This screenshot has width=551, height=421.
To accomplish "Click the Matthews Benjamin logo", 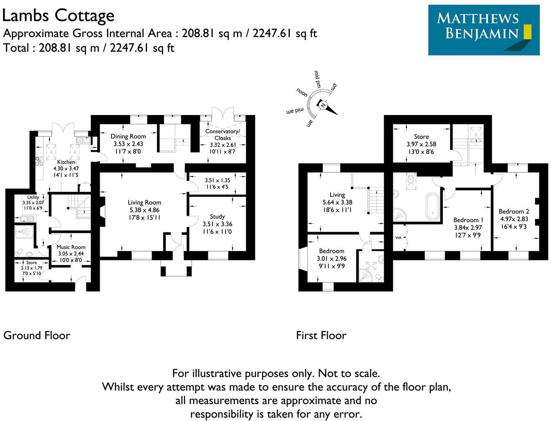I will pyautogui.click(x=484, y=30).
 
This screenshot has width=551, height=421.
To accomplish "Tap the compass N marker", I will pyautogui.click(x=323, y=105).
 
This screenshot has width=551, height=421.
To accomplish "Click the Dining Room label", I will pyautogui.click(x=128, y=136).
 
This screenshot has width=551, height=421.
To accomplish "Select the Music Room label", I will pyautogui.click(x=71, y=247).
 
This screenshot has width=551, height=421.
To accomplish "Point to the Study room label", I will pyautogui.click(x=217, y=216).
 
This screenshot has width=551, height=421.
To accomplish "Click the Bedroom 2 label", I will pyautogui.click(x=514, y=211).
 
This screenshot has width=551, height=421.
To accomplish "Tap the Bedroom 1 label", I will pyautogui.click(x=468, y=220).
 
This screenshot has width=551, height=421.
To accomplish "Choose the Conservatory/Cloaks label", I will pyautogui.click(x=222, y=134).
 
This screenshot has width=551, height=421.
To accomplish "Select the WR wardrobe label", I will pyautogui.click(x=398, y=238).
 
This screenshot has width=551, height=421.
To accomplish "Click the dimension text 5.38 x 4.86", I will pyautogui.click(x=144, y=210).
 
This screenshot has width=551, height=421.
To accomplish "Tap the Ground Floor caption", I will pyautogui.click(x=37, y=335).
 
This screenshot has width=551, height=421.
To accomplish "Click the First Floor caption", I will pyautogui.click(x=321, y=335).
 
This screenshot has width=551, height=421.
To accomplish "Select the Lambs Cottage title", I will pyautogui.click(x=58, y=16).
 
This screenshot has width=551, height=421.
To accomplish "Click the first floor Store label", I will pyautogui.click(x=421, y=136).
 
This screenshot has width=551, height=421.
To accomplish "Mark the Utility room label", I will pyautogui.click(x=33, y=197).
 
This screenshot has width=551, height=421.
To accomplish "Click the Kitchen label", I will pyautogui.click(x=66, y=162).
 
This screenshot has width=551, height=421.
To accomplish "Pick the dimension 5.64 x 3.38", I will pyautogui.click(x=337, y=202).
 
